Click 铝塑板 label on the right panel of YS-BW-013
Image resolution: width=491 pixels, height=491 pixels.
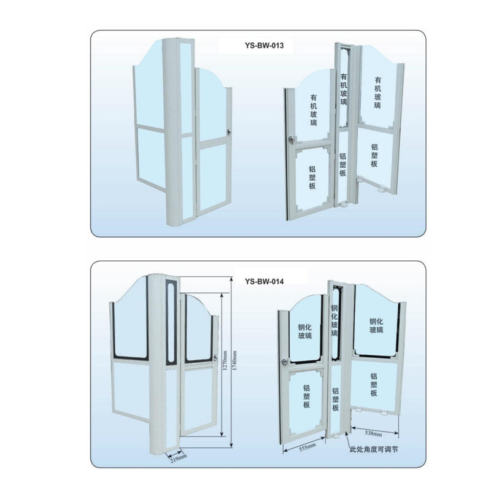point(375,155)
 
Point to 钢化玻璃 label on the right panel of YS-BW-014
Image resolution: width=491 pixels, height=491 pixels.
point(376,325)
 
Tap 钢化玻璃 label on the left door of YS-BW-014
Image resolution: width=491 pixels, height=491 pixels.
point(306,331)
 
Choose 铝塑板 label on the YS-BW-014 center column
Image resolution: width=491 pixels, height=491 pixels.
point(335,399)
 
